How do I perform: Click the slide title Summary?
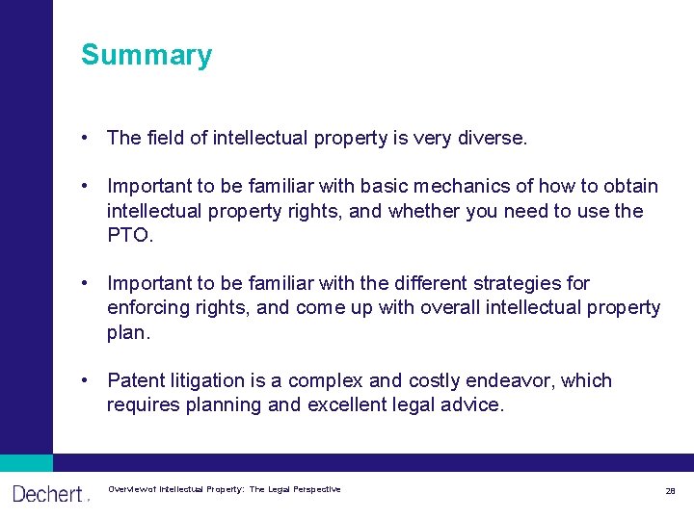coord(147,55)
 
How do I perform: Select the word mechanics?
coord(479,186)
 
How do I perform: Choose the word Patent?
coord(135,380)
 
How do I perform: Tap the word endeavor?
coord(513,380)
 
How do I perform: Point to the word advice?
coord(470,405)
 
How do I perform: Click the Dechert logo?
coord(48,494)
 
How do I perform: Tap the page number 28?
coord(670,491)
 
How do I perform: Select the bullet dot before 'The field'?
coord(87,138)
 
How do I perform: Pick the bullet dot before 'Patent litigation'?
coord(87,380)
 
